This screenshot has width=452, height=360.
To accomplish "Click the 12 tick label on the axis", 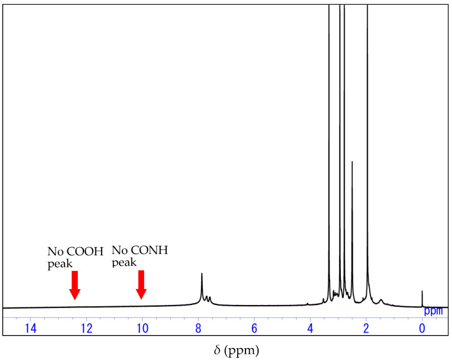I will tap(86, 328).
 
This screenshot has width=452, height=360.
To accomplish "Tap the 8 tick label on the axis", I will tap(198, 328).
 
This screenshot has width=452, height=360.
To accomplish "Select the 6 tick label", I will tap(254, 328).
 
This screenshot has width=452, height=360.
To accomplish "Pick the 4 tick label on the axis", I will tap(310, 328).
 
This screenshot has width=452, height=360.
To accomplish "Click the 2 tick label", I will tap(366, 328).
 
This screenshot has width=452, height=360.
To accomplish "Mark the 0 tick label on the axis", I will tap(422, 328).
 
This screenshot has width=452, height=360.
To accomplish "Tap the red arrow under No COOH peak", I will tap(75, 285).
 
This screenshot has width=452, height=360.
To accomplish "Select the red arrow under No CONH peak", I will tap(141, 285).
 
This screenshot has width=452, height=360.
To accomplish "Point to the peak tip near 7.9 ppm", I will tap(202, 274).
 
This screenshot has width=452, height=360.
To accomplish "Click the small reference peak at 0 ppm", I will tap(422, 291).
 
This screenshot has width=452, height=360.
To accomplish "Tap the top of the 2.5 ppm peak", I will tap(352, 162).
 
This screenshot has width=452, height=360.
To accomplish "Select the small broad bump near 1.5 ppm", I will tap(381, 299).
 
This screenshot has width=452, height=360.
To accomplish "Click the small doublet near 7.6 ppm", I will tap(208, 297).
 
